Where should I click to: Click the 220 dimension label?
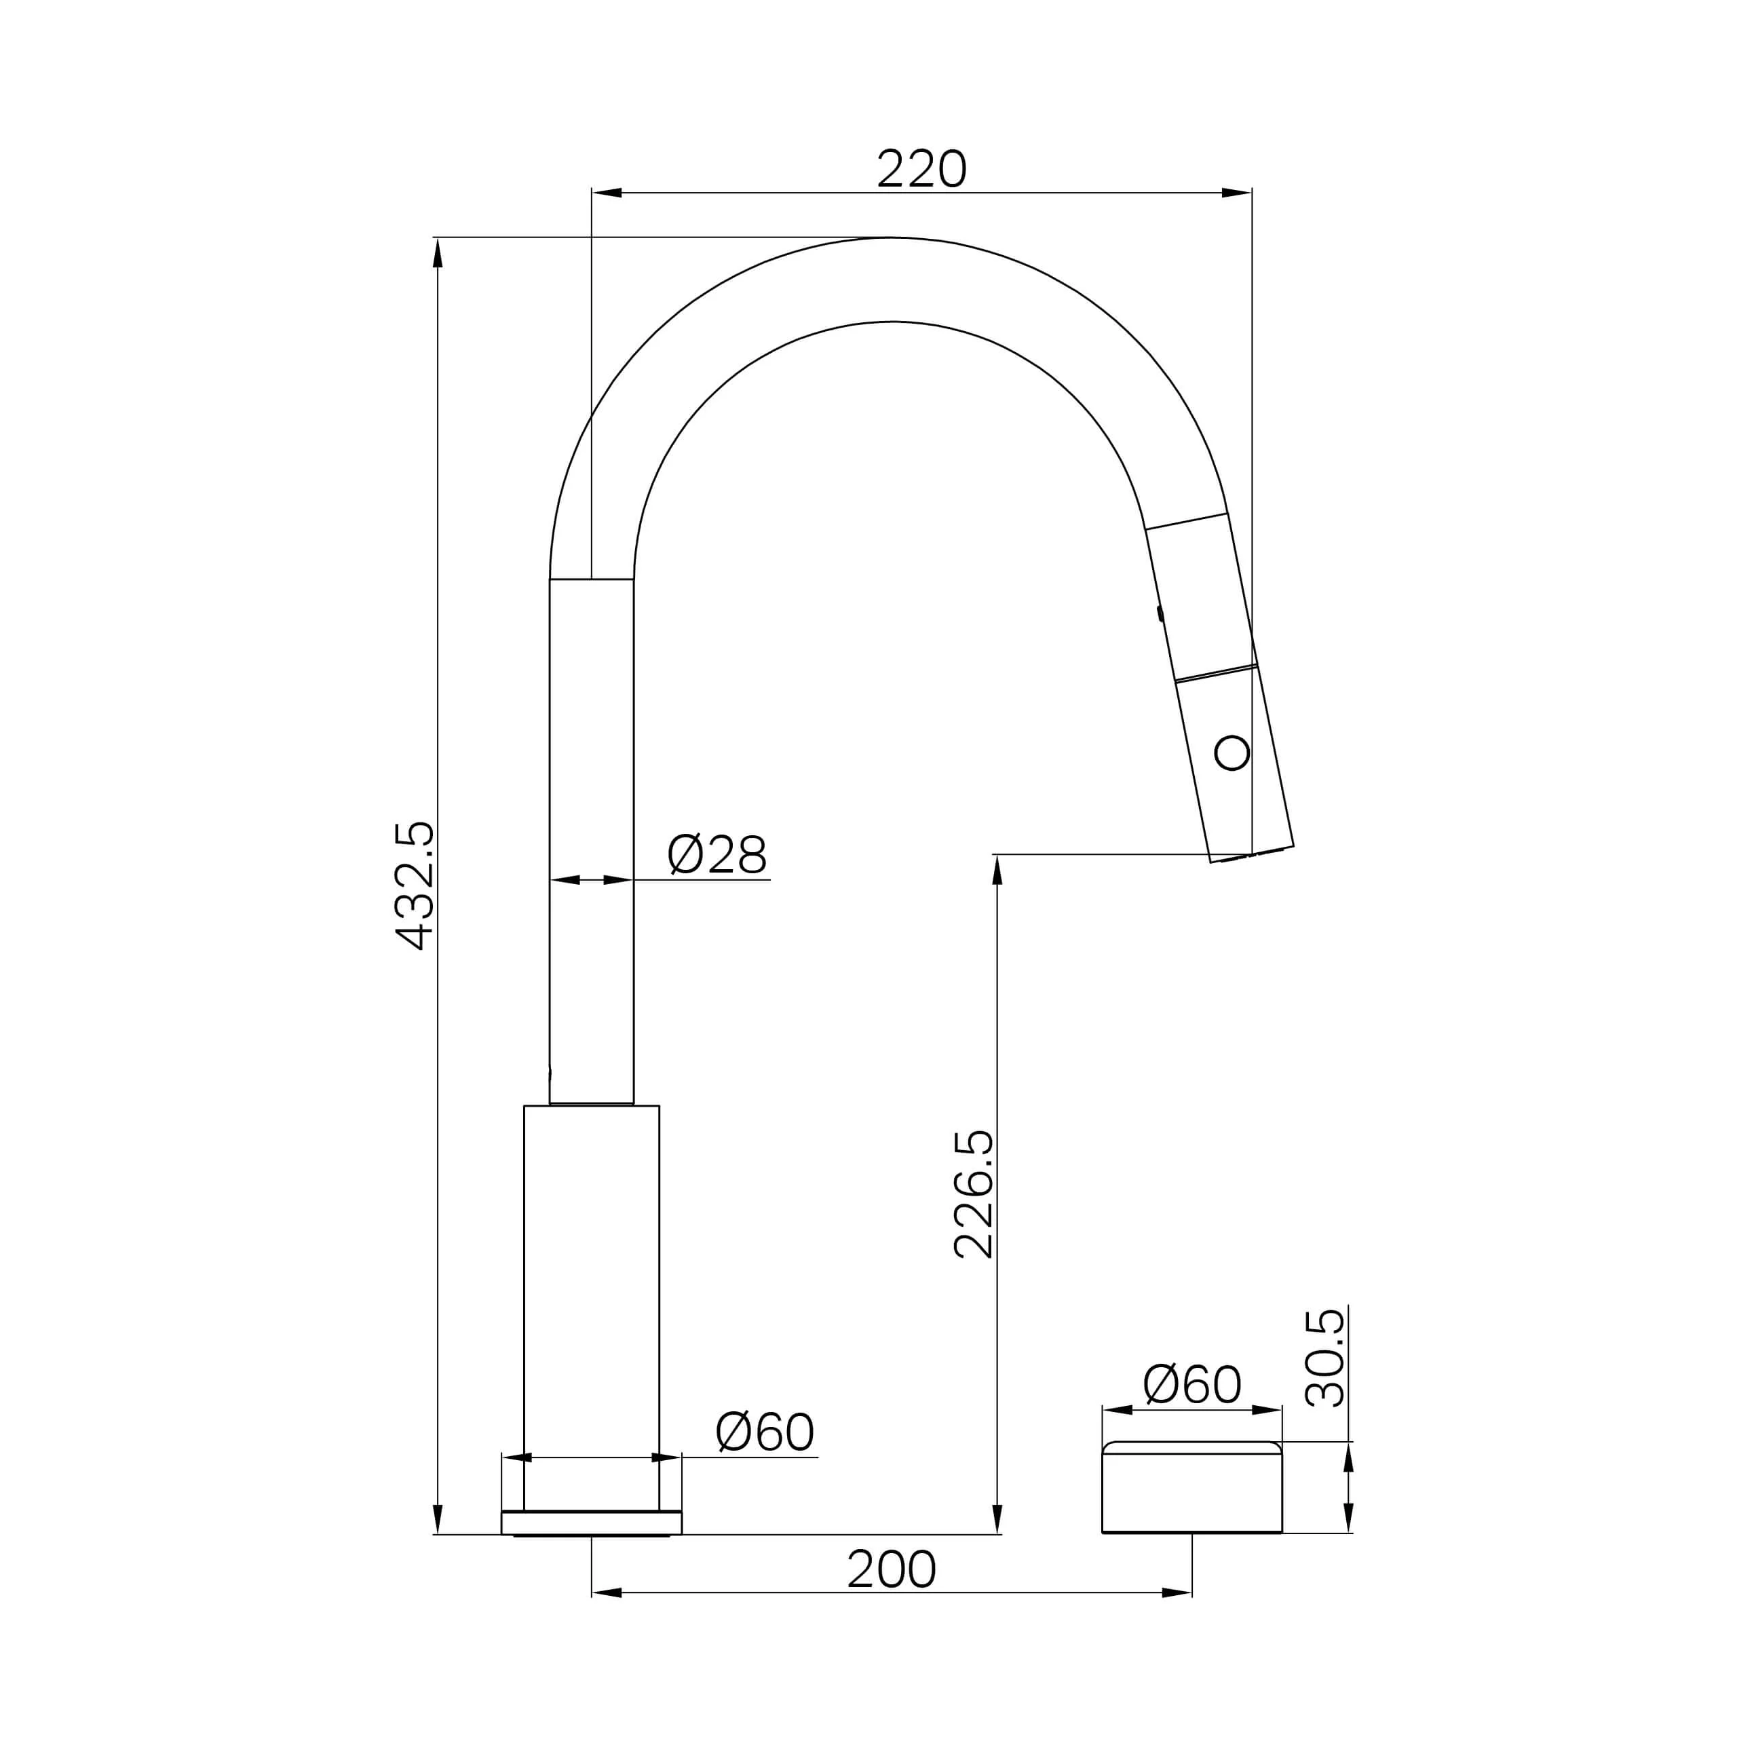tap(921, 168)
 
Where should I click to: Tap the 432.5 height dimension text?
tap(415, 885)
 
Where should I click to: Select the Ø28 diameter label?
tap(717, 854)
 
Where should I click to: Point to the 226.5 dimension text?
tap(974, 1194)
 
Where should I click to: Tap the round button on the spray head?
tap(1232, 752)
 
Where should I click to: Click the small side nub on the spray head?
tap(1160, 613)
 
